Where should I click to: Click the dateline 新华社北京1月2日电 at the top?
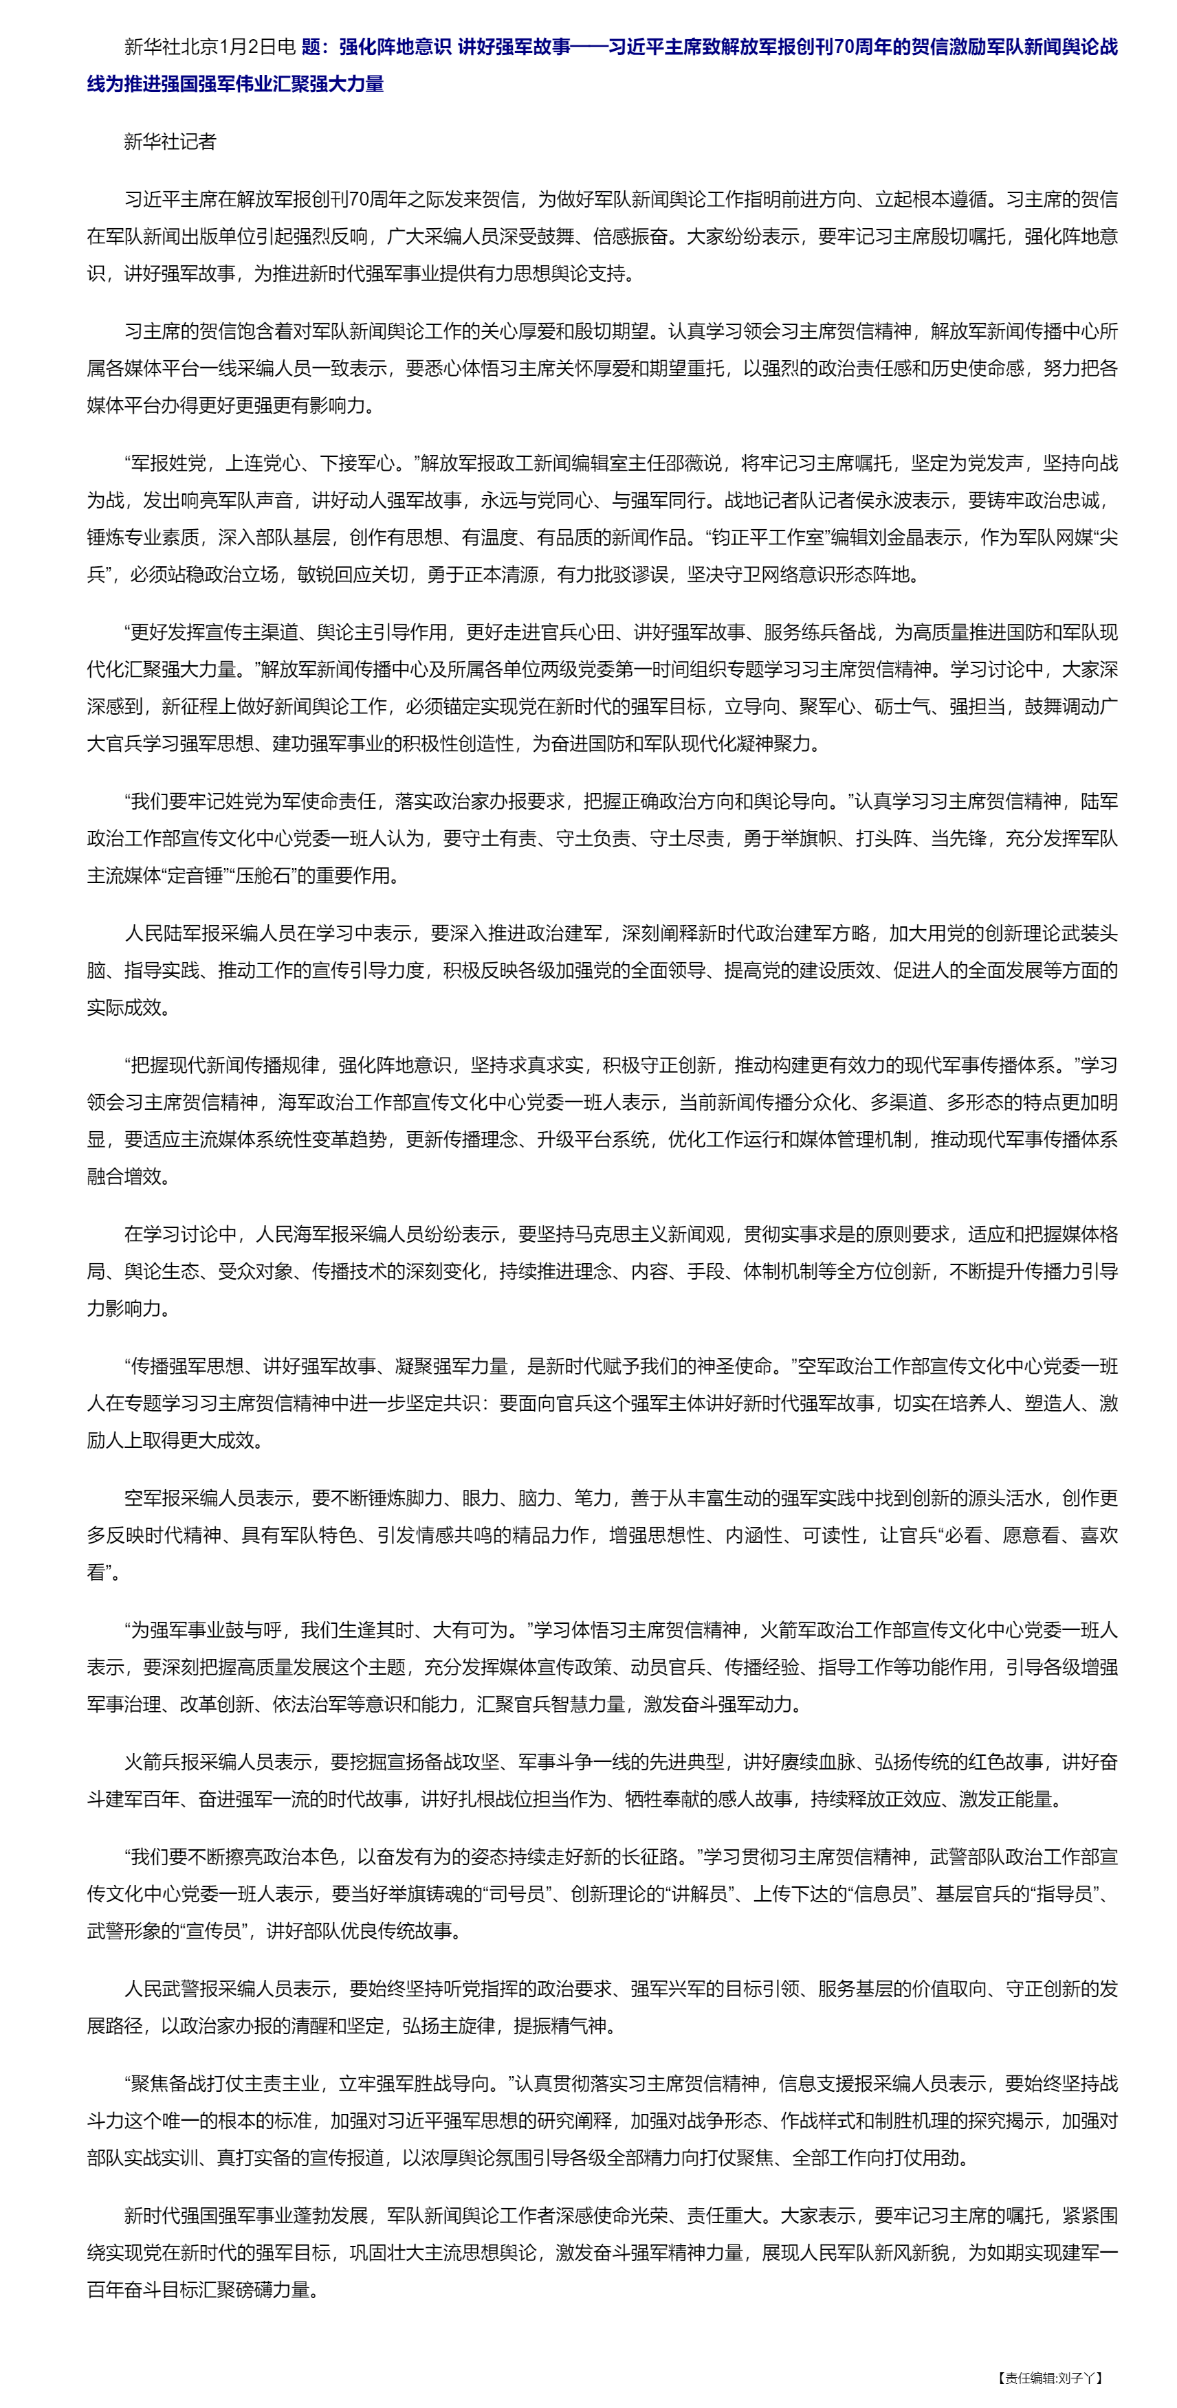[210, 47]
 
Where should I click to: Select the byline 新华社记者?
[170, 141]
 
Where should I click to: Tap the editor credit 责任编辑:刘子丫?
[1050, 2377]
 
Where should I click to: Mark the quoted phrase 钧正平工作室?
[769, 537]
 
